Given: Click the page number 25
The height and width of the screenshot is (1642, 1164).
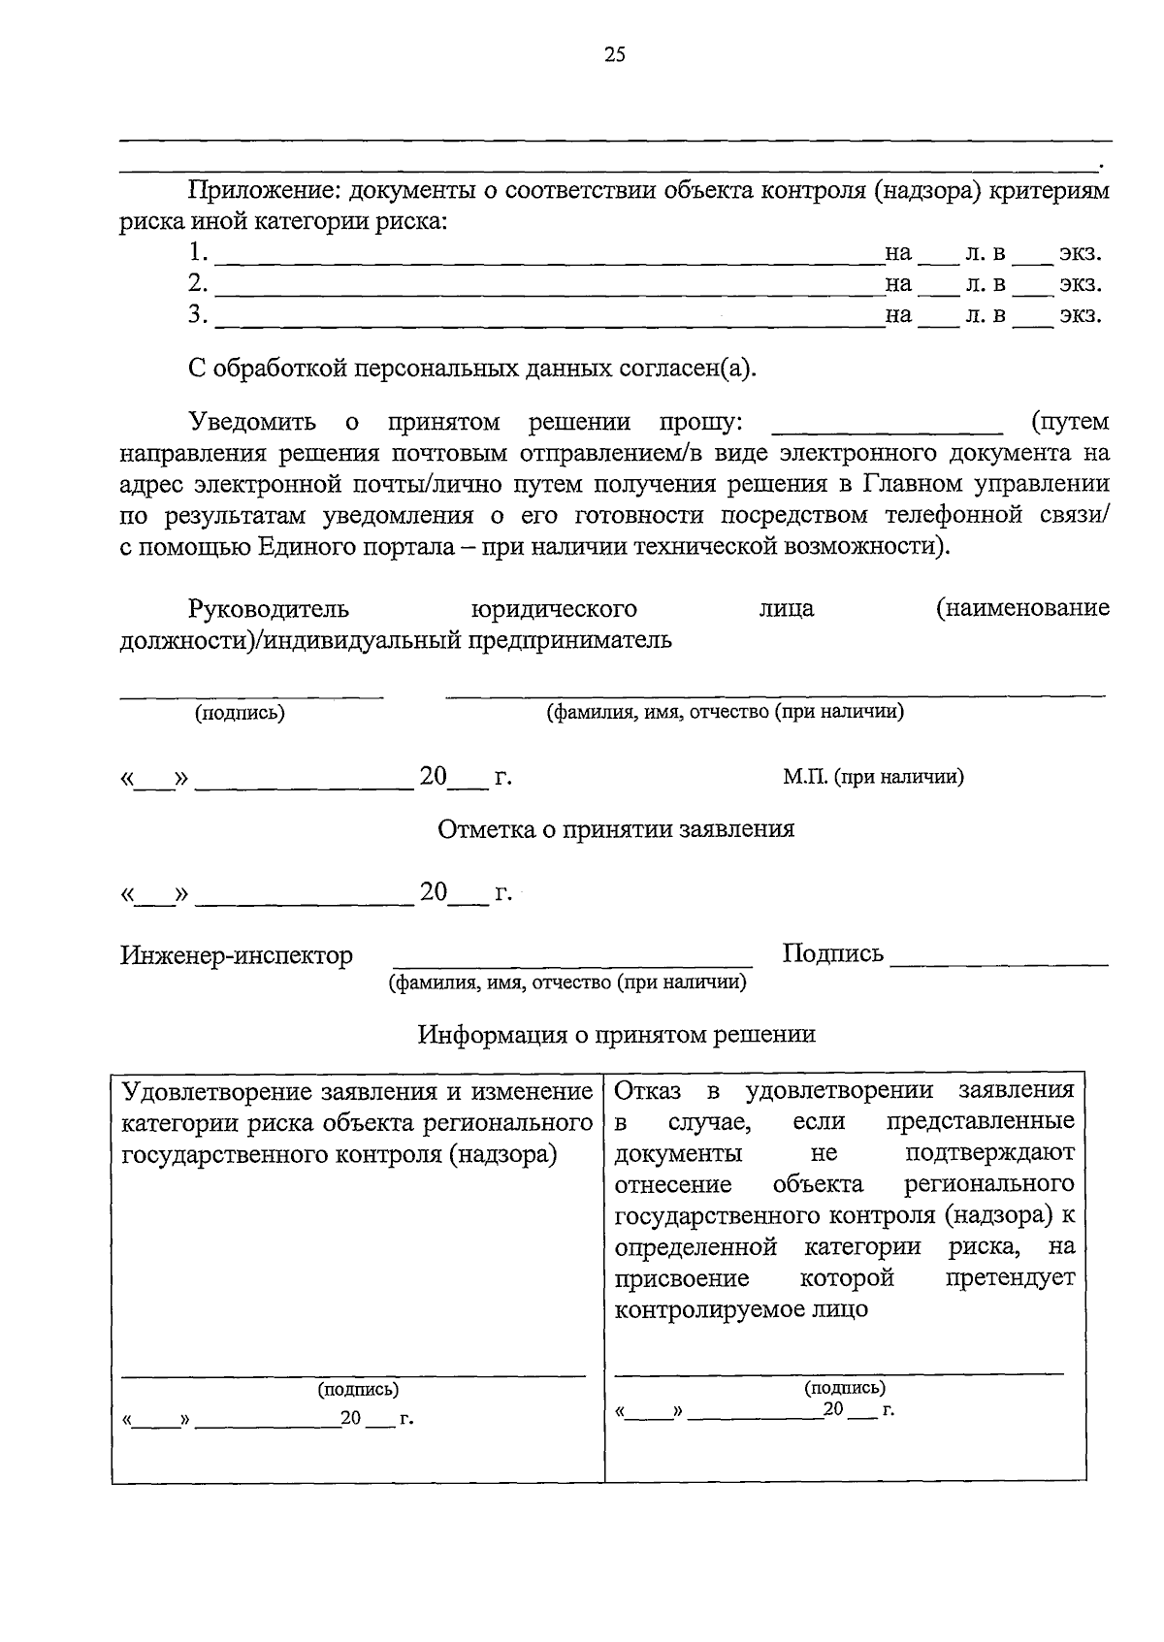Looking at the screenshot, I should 614,55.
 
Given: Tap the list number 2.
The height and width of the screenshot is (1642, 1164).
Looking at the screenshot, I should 198,283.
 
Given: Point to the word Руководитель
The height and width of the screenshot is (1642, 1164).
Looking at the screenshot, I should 269,609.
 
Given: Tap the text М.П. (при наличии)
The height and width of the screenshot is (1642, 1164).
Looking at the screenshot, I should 873,777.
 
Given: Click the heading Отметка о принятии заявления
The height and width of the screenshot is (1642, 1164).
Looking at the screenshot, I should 616,829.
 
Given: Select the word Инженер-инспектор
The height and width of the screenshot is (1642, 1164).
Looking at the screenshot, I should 237,955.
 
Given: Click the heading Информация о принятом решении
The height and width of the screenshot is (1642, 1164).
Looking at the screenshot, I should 616,1034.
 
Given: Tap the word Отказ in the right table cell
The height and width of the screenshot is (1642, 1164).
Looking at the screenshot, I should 647,1090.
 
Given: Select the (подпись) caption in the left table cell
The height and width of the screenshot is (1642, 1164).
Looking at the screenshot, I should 358,1389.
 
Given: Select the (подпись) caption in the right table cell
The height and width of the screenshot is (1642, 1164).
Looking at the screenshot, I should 845,1387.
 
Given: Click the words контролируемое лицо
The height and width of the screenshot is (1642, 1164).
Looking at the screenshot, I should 741,1309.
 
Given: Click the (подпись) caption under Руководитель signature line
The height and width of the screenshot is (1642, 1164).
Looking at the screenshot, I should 240,713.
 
